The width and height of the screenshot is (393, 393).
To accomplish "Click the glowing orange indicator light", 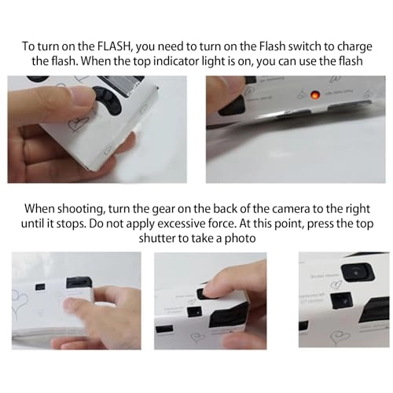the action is (314, 95).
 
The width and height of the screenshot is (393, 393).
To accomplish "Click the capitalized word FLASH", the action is (114, 46).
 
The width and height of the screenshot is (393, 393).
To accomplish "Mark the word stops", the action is (72, 225).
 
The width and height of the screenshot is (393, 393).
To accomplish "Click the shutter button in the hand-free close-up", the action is (358, 273).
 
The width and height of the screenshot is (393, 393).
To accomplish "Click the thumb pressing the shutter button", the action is (217, 286).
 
